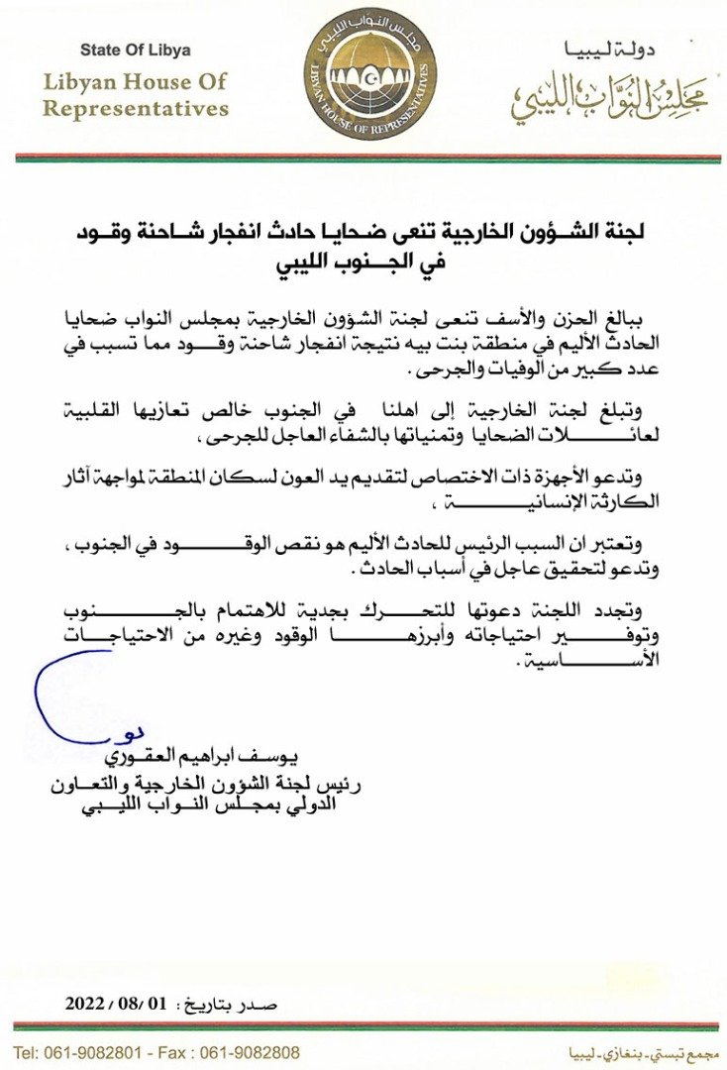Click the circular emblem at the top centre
[x=369, y=73]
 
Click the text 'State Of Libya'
[x=136, y=50]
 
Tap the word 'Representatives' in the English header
[x=136, y=108]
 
